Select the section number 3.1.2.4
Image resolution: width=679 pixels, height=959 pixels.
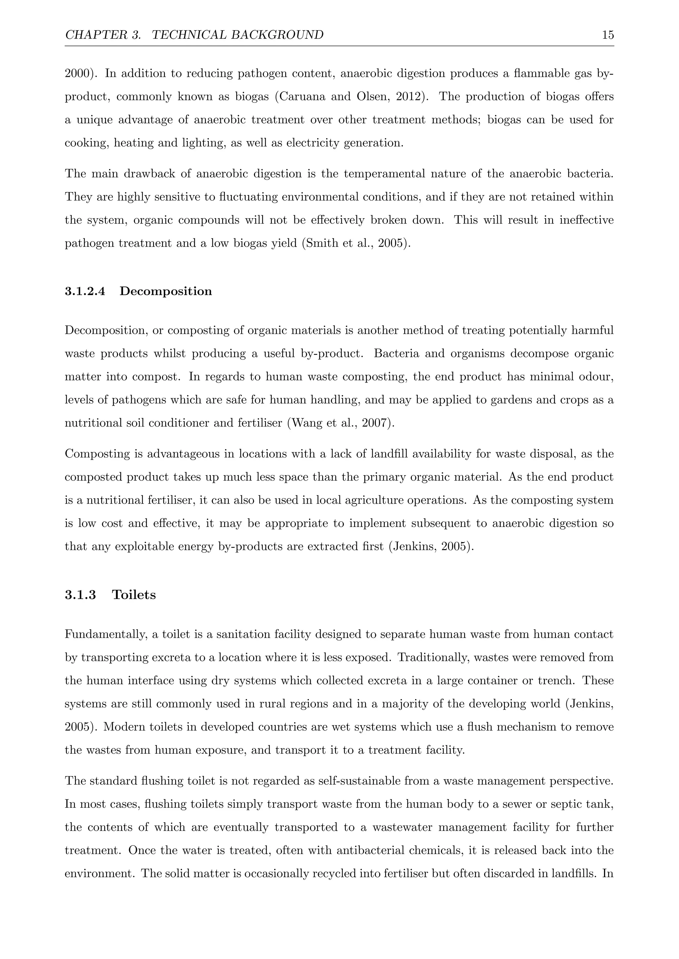pos(85,291)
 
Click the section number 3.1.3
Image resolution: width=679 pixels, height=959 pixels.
pos(80,595)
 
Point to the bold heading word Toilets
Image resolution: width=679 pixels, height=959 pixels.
pos(134,595)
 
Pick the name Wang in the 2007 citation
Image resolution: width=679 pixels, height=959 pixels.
pos(308,423)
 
